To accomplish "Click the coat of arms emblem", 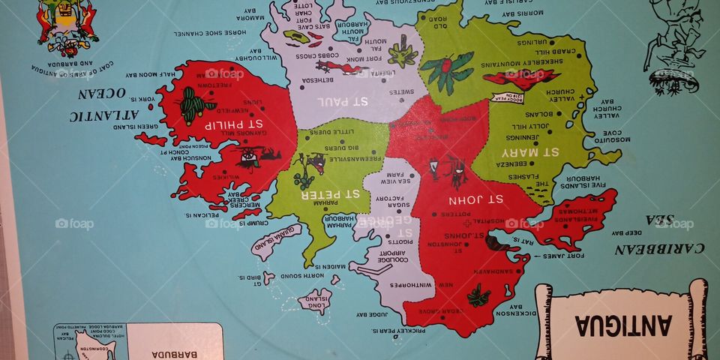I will (x=67, y=28).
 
